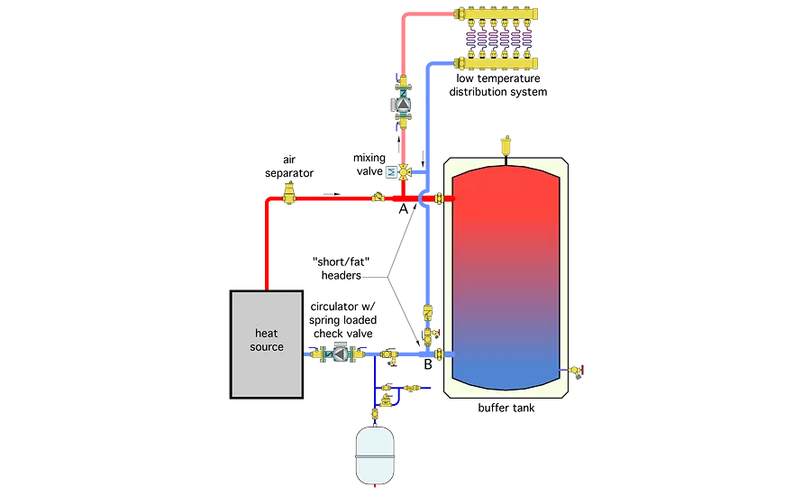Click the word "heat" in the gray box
coord(267,334)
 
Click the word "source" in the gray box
coord(267,347)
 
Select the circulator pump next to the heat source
coord(340,353)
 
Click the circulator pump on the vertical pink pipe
coord(403,105)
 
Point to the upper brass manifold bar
coord(498,14)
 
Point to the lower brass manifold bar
coord(498,62)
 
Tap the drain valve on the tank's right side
coord(574,369)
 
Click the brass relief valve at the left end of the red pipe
coord(289,192)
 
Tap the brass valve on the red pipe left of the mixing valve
coord(378,195)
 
